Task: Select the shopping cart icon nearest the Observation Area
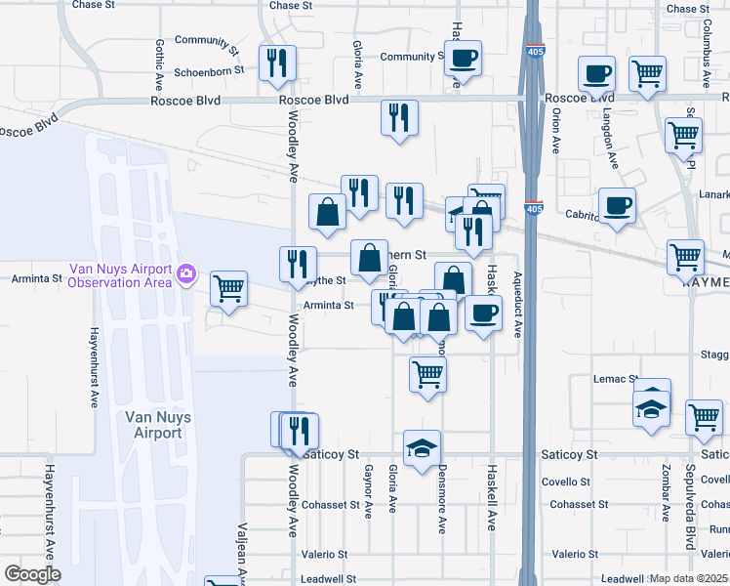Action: [x=229, y=289]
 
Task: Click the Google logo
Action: [x=33, y=574]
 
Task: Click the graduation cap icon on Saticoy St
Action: [x=421, y=447]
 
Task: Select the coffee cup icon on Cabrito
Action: [x=617, y=206]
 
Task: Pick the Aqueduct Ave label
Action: [x=518, y=303]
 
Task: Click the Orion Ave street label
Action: [x=555, y=130]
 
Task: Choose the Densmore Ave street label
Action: [x=441, y=507]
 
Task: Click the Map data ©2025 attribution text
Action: [x=688, y=578]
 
